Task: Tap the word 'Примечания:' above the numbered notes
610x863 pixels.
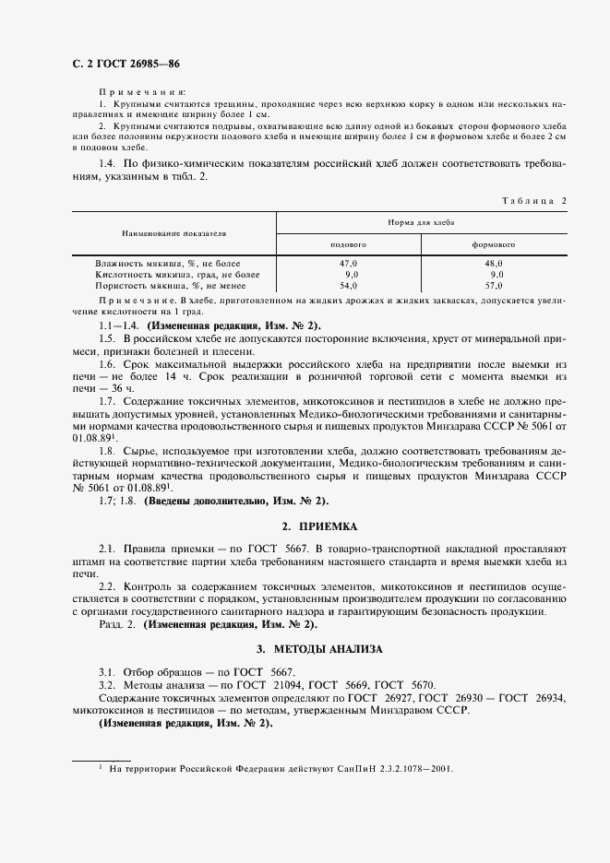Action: coord(141,93)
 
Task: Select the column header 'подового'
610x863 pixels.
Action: coord(349,244)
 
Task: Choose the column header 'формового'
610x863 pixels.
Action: coord(493,244)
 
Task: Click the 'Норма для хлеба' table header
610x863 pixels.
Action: coord(421,223)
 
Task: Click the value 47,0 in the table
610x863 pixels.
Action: coord(349,264)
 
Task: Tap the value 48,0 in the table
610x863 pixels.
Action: coord(494,264)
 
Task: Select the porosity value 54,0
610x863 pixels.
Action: coord(349,286)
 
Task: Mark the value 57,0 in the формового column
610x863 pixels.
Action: coord(494,286)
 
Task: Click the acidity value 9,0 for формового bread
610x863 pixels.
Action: coord(496,275)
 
